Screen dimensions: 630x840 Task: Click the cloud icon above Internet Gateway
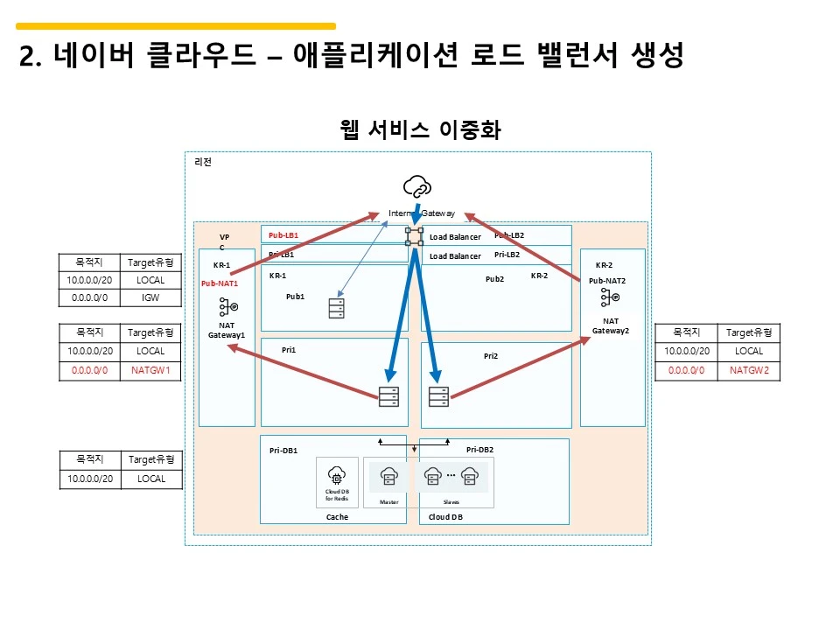click(x=417, y=186)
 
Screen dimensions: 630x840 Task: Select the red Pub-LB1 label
click(x=283, y=235)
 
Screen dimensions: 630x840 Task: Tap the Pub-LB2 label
click(x=509, y=235)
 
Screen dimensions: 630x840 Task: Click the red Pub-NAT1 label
click(x=220, y=283)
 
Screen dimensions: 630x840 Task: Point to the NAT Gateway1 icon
click(x=227, y=308)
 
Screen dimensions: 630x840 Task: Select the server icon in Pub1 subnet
click(x=336, y=309)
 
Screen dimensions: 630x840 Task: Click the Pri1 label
click(x=289, y=349)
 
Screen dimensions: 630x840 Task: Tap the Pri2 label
click(x=490, y=356)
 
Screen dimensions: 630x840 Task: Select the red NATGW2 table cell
click(x=749, y=370)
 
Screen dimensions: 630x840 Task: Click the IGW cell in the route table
click(x=150, y=298)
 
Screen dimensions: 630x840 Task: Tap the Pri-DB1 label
click(x=283, y=451)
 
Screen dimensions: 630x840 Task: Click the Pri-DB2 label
click(x=480, y=450)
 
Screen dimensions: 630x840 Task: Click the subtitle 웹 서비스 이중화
click(x=420, y=130)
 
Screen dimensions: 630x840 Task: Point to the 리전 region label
click(x=202, y=162)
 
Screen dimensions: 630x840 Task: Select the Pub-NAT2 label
click(x=607, y=281)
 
